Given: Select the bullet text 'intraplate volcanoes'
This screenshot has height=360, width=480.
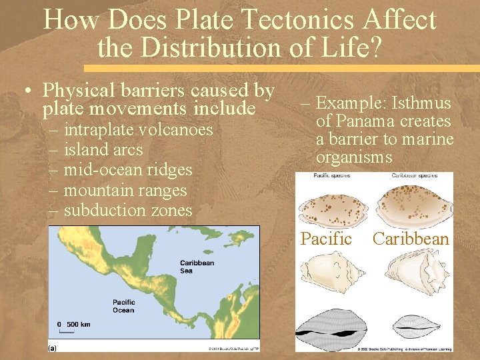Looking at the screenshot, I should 138,129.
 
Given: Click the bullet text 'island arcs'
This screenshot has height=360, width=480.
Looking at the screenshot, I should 103,150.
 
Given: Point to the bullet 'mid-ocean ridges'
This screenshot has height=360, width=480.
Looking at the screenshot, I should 128,170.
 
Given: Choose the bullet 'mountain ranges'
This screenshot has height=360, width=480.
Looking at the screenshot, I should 125,191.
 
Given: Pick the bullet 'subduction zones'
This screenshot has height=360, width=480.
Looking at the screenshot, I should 128,211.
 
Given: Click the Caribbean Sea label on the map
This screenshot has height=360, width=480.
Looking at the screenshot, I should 197,266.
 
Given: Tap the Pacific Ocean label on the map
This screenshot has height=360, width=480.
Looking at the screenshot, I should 123,306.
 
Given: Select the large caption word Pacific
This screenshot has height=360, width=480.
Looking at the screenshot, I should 326,239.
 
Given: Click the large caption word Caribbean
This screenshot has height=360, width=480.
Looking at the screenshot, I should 411,239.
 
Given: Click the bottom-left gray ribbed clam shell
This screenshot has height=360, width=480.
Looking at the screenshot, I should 332,328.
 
